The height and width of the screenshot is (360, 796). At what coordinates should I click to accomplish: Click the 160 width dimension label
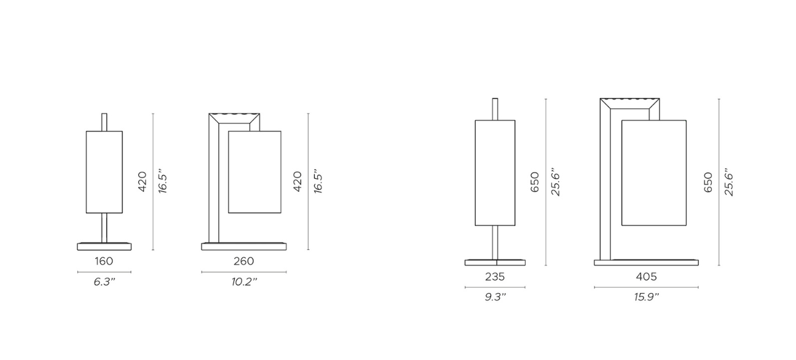[x=104, y=261]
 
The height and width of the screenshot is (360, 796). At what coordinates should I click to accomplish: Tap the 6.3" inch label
[x=104, y=282]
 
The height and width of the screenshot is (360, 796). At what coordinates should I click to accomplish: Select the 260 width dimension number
[x=244, y=261]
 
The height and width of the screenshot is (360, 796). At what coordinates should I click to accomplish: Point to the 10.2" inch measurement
[x=244, y=282]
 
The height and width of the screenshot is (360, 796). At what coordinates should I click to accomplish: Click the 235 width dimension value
[x=495, y=276]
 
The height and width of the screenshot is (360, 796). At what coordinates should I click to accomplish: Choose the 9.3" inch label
[x=495, y=297]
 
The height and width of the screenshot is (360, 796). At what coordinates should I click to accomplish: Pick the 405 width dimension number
[x=646, y=276]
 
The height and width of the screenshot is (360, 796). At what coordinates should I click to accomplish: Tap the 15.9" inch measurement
[x=647, y=297]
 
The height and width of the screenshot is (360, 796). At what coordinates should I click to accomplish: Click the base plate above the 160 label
[x=104, y=246]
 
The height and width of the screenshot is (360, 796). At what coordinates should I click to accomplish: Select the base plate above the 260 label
[x=244, y=246]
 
